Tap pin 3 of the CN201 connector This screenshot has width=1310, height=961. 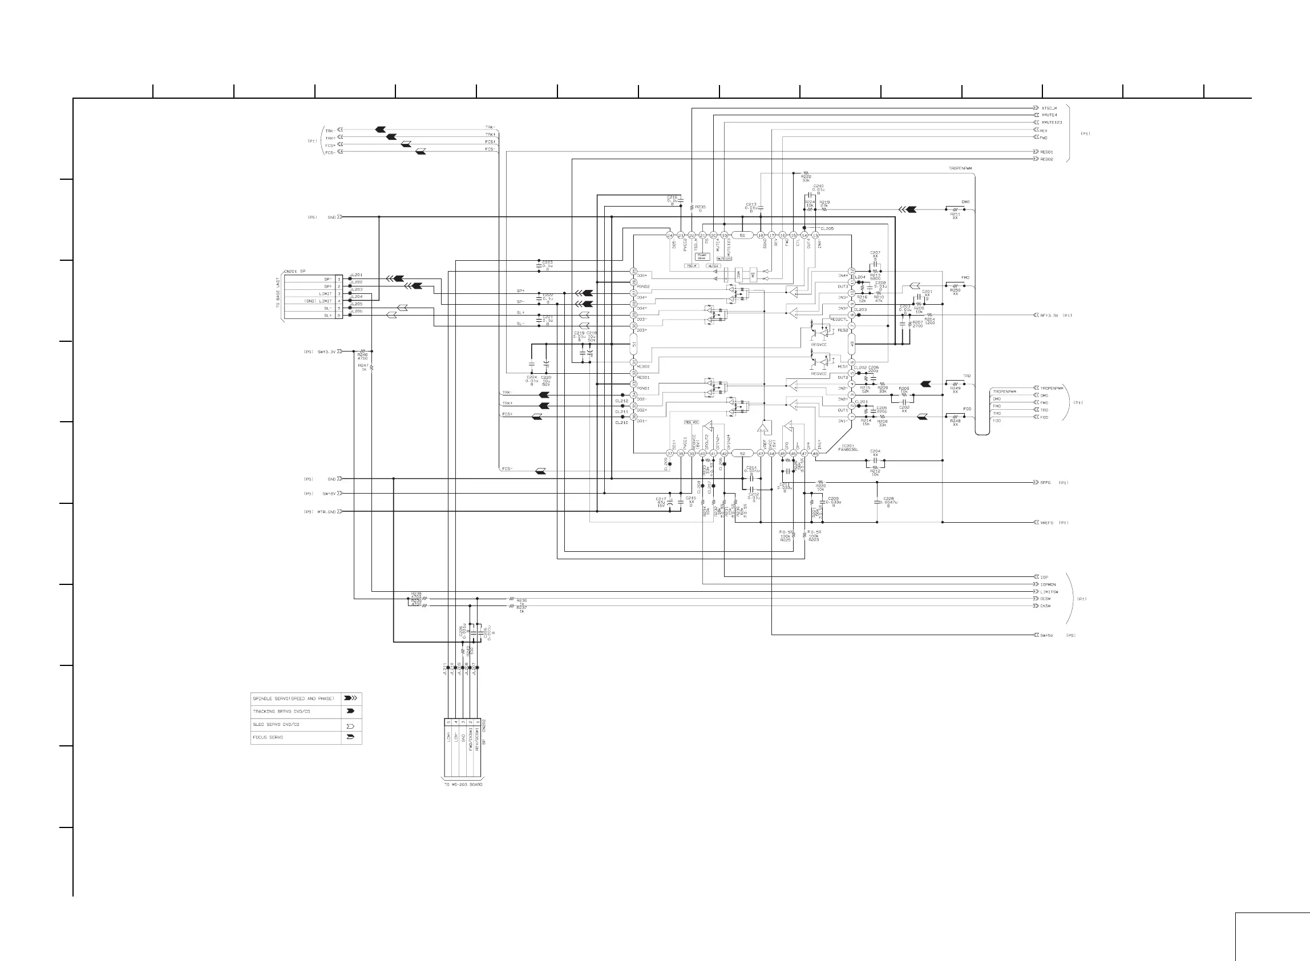click(x=339, y=294)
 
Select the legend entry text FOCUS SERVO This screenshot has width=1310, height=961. click(x=268, y=737)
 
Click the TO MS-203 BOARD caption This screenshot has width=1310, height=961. click(x=463, y=785)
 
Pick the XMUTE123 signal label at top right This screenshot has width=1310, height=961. click(x=1052, y=123)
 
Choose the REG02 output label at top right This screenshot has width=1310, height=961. click(x=1046, y=159)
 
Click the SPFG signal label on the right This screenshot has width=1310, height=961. click(x=1045, y=483)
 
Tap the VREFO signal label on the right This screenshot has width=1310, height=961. click(x=1046, y=522)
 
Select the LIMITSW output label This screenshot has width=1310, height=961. click(x=1049, y=592)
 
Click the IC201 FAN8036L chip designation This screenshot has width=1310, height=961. click(x=848, y=448)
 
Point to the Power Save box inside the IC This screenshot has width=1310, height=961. click(x=702, y=257)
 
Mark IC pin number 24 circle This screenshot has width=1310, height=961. click(x=670, y=236)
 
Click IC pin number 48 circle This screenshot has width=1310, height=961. click(x=815, y=454)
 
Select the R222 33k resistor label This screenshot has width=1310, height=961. click(x=806, y=179)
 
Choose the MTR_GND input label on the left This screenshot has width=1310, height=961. click(x=326, y=512)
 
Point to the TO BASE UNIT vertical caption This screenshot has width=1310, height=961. click(x=279, y=297)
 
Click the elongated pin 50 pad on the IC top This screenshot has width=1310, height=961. click(x=742, y=236)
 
